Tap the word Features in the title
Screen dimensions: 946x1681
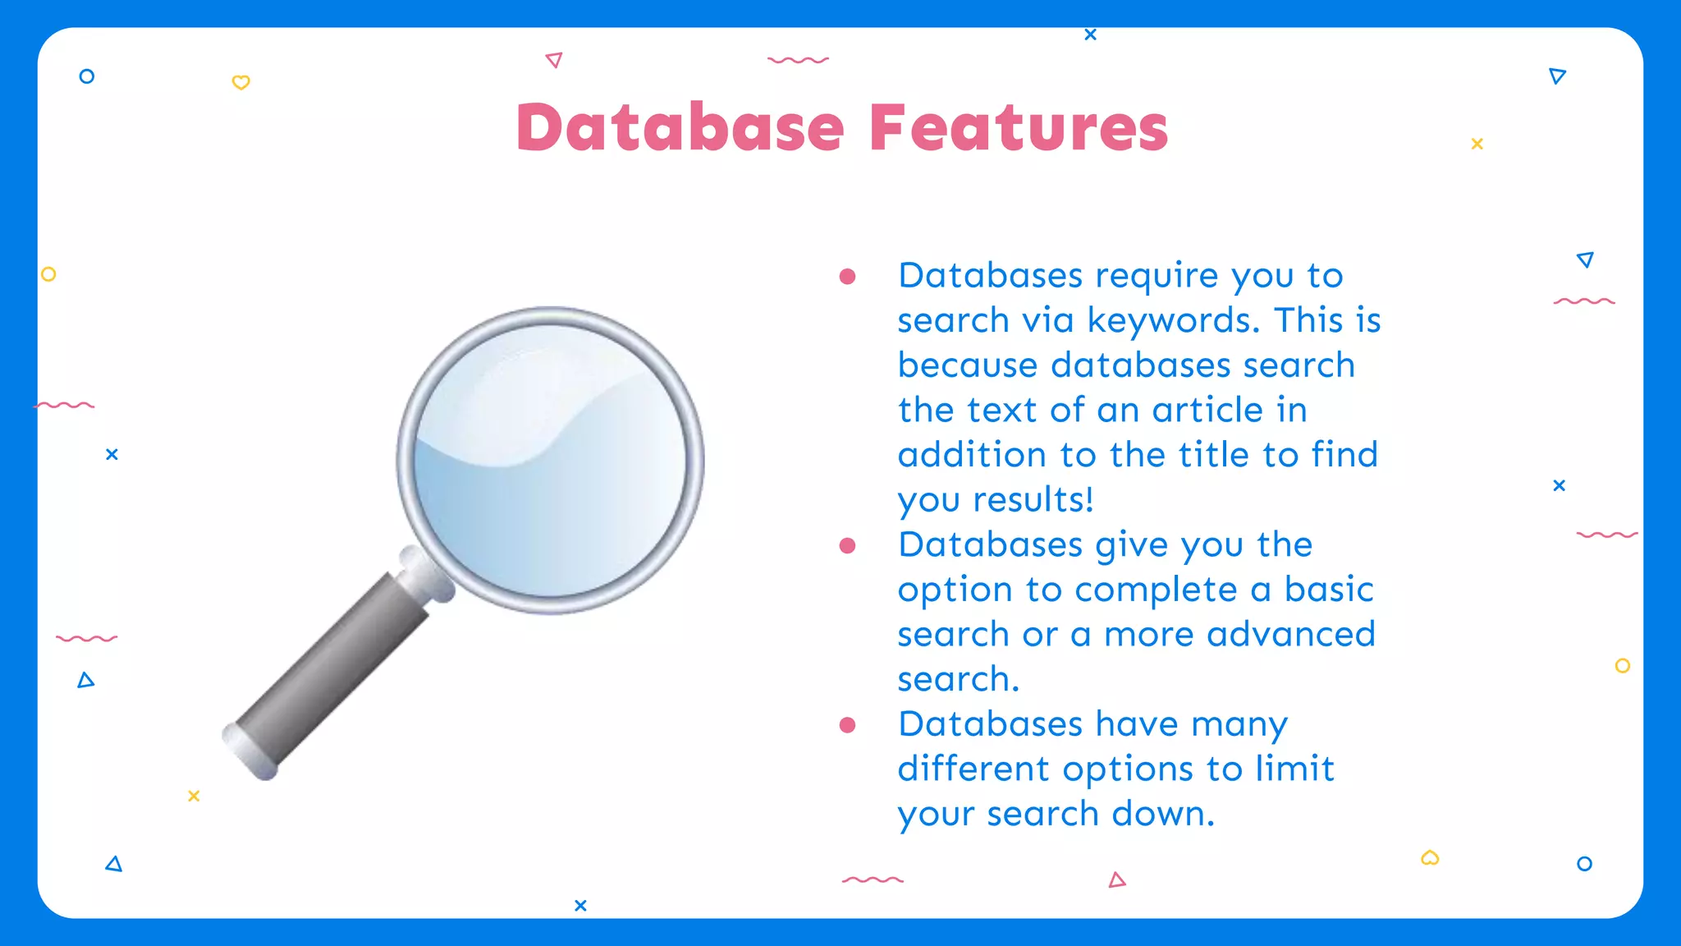coord(1019,128)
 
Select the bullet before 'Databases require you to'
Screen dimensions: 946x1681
coord(848,277)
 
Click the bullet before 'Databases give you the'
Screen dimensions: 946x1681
coord(848,546)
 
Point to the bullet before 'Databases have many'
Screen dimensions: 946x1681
coord(848,725)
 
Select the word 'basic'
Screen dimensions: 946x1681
coord(1329,590)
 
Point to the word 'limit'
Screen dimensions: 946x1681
coord(1294,769)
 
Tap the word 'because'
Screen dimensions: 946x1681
coord(968,365)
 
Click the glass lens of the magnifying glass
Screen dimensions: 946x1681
coord(550,460)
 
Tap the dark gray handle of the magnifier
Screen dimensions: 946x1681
coord(337,665)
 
